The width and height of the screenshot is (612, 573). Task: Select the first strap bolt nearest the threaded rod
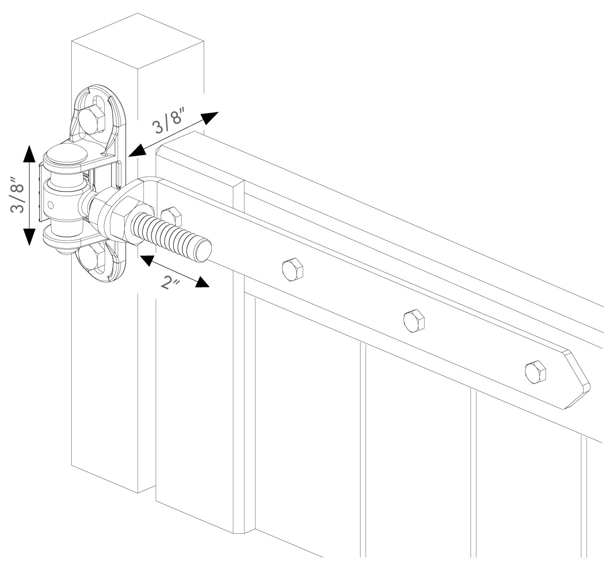coord(293,271)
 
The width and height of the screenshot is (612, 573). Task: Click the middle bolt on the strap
coord(414,320)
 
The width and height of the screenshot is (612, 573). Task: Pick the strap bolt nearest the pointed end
coord(535,371)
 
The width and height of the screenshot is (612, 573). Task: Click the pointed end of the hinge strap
coord(581,382)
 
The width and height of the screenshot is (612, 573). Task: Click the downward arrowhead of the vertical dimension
coord(29,236)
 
